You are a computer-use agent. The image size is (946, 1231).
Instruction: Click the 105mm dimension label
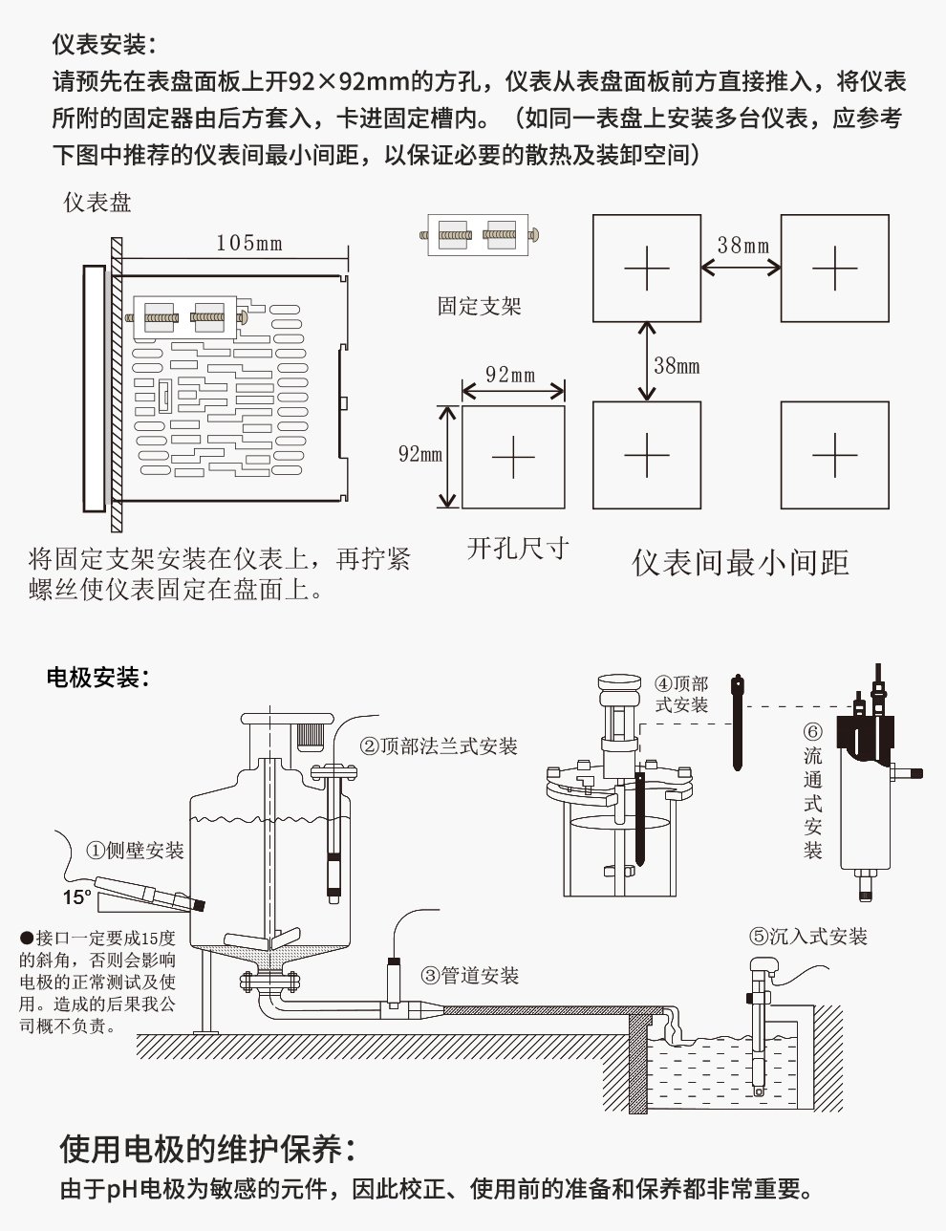(248, 243)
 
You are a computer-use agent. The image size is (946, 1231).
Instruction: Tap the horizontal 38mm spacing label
(742, 246)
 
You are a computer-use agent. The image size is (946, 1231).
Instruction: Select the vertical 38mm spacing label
(677, 365)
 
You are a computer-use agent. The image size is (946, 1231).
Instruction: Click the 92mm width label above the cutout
(510, 375)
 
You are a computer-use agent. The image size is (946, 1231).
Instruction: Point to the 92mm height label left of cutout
(420, 454)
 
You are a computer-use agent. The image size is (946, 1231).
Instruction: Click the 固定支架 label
(479, 306)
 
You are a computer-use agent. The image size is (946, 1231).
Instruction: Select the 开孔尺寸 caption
(518, 549)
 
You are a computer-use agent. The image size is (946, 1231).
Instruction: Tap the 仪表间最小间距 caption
(741, 562)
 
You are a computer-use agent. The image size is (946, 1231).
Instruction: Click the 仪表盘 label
(97, 203)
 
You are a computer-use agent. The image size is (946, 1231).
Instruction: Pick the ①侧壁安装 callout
(135, 850)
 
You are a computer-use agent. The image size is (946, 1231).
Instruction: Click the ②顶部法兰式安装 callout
(439, 746)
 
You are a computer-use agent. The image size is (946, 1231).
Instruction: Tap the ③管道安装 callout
(471, 976)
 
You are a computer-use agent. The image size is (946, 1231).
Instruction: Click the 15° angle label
(76, 897)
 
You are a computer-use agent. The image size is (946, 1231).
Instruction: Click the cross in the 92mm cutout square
(513, 458)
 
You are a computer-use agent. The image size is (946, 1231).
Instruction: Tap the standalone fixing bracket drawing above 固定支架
(480, 233)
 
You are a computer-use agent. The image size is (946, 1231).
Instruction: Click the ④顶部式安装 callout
(681, 695)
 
